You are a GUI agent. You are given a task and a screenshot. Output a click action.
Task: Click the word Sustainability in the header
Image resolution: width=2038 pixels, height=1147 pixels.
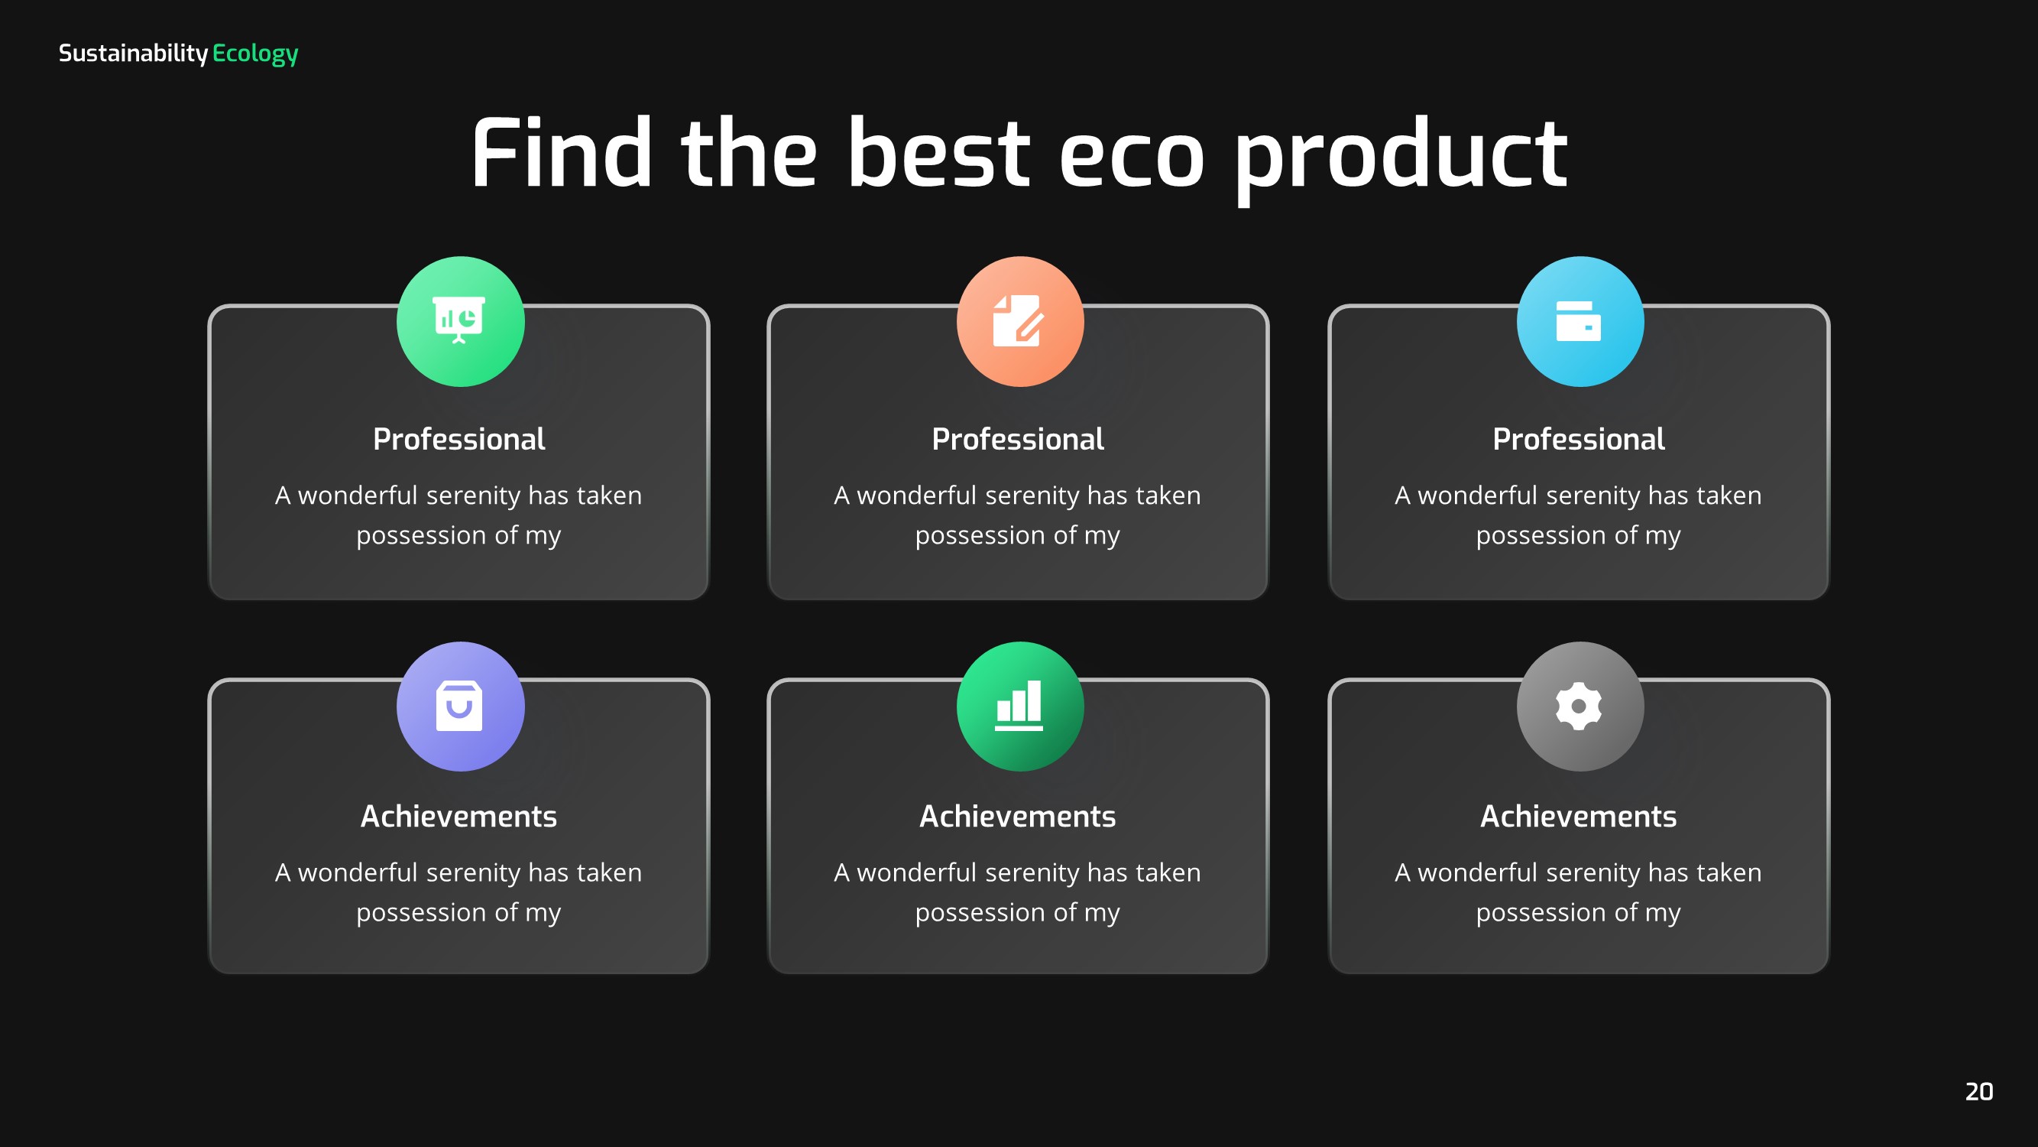(x=133, y=53)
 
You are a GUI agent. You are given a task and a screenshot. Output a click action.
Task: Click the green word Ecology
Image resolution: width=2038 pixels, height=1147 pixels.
(x=254, y=54)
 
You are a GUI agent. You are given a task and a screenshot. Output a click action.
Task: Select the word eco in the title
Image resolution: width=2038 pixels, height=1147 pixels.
(x=1132, y=155)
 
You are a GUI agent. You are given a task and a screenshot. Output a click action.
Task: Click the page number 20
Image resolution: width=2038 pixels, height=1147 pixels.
(x=1978, y=1091)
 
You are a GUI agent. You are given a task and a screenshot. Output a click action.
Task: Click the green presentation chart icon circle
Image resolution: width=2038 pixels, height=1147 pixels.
(x=460, y=321)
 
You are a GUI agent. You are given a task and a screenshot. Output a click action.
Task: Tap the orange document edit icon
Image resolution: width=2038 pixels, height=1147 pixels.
(x=1019, y=321)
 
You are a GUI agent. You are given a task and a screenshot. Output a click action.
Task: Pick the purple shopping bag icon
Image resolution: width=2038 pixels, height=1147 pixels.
(x=460, y=706)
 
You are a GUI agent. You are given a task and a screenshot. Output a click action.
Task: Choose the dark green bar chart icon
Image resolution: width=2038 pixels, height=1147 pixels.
(x=1019, y=706)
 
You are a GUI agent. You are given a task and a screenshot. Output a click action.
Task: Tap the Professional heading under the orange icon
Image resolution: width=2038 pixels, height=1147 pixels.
(x=1017, y=440)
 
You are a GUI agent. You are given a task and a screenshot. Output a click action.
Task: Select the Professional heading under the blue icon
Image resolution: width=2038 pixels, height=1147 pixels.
(x=1578, y=440)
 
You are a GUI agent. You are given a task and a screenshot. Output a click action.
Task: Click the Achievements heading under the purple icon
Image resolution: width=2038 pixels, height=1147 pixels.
(x=458, y=816)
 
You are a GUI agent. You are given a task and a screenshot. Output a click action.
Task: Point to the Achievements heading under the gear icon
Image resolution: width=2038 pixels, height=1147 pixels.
(x=1578, y=816)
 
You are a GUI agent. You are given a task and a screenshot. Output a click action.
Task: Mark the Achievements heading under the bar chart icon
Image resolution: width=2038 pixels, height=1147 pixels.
(x=1017, y=816)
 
